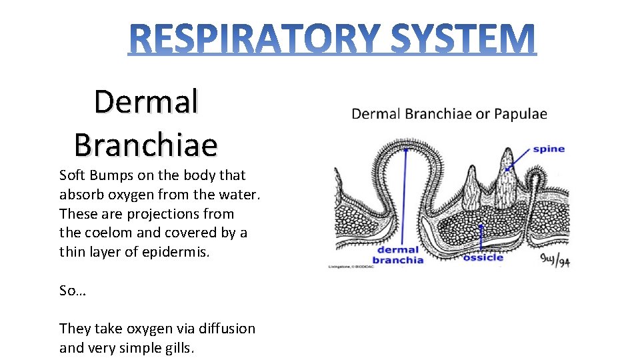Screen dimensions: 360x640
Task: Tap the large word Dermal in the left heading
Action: (x=146, y=102)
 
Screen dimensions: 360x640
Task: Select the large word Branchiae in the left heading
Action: (x=146, y=144)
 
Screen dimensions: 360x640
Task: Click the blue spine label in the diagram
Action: (x=548, y=149)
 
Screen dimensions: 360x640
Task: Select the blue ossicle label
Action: (x=483, y=257)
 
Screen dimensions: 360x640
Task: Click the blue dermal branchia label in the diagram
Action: (x=398, y=255)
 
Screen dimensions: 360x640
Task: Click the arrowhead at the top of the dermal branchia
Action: (x=405, y=149)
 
